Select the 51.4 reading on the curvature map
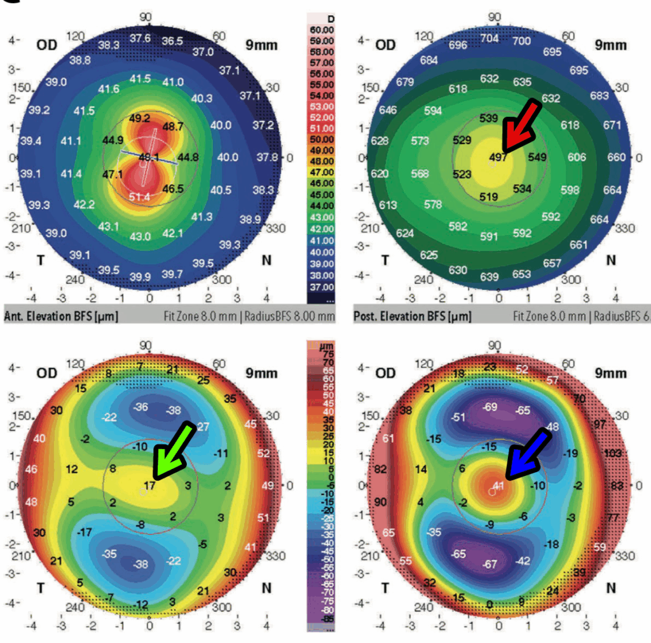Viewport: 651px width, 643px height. coord(139,198)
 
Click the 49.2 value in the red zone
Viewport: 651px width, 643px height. coord(139,118)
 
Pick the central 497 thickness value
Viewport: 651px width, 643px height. coord(498,157)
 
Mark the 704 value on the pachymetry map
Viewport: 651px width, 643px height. coord(489,38)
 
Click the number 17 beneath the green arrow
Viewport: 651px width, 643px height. coord(149,486)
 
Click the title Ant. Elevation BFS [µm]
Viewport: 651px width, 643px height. coord(60,316)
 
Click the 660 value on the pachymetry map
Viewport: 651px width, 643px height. coord(616,157)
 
